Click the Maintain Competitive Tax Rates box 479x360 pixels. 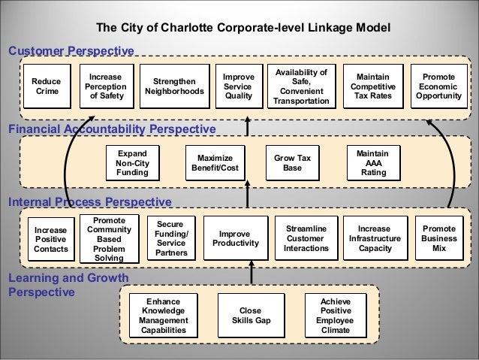tap(372, 87)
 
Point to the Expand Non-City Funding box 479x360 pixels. tap(132, 162)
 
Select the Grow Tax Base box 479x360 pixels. tap(292, 162)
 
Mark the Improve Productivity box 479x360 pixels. tap(235, 238)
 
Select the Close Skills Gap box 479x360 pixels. tap(249, 315)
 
